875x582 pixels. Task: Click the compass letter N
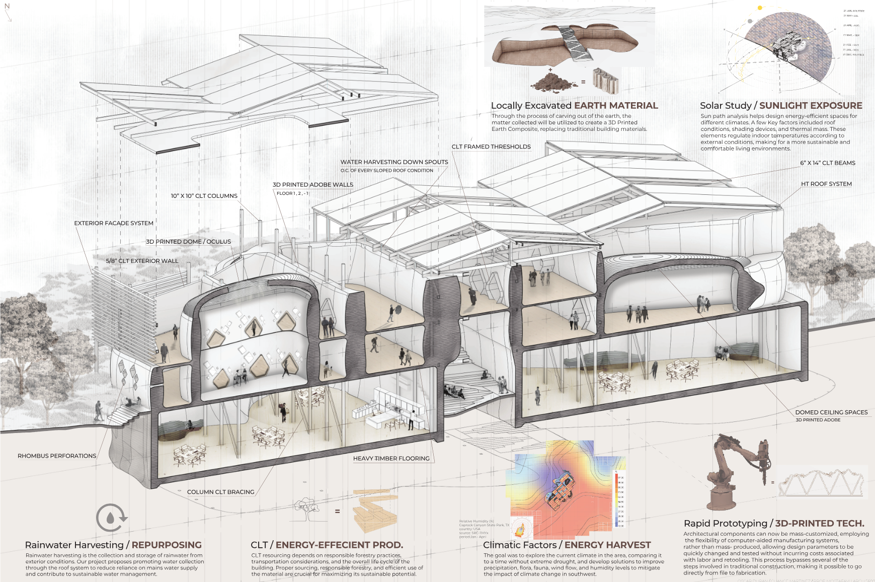tap(7, 7)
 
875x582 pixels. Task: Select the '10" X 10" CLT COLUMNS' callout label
tap(204, 196)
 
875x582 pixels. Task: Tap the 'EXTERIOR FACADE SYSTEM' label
tap(114, 223)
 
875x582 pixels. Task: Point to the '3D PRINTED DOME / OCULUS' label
tap(188, 242)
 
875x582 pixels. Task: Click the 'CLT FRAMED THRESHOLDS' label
tap(491, 147)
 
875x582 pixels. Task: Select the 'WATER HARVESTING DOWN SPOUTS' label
tap(394, 162)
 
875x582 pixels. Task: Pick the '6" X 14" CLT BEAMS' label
tap(828, 163)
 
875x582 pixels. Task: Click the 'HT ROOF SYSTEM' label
tap(826, 184)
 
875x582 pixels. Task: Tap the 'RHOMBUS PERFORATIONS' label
tap(57, 456)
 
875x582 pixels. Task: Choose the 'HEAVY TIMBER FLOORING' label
tap(391, 459)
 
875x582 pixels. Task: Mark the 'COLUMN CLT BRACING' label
tap(220, 492)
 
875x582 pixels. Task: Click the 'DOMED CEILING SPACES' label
tap(831, 412)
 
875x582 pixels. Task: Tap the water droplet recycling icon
tap(111, 518)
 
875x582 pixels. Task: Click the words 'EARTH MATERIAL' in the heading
tap(616, 106)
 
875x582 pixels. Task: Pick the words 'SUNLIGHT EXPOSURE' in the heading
tap(811, 106)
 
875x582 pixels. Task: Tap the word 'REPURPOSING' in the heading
tap(167, 545)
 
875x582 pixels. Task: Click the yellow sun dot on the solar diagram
tap(760, 8)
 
